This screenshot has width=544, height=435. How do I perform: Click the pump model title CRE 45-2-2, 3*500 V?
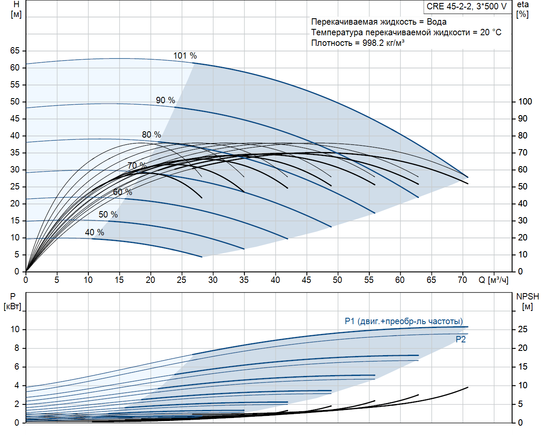click(467, 6)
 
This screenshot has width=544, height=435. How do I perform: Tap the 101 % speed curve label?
click(185, 56)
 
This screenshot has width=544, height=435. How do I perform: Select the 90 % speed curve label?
click(165, 100)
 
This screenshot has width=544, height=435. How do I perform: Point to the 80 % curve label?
click(151, 135)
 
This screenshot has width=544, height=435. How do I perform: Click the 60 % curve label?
click(122, 192)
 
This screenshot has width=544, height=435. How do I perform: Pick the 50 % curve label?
click(108, 215)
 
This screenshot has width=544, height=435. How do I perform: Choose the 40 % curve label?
click(94, 232)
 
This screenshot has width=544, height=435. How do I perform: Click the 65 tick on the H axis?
click(15, 51)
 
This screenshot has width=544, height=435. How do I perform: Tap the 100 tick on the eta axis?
click(525, 102)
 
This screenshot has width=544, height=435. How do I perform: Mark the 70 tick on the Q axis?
click(462, 280)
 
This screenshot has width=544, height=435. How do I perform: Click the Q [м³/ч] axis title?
click(493, 280)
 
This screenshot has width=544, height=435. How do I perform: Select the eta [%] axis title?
click(523, 9)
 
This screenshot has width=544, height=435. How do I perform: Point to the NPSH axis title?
click(527, 297)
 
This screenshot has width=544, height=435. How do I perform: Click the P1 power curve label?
click(403, 321)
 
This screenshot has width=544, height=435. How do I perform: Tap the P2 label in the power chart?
click(461, 339)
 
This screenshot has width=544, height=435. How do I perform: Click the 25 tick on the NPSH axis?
click(522, 329)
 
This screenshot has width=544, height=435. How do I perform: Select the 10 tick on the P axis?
click(15, 329)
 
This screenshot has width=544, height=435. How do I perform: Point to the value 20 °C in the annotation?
click(491, 32)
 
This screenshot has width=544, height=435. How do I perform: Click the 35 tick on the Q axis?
click(244, 280)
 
